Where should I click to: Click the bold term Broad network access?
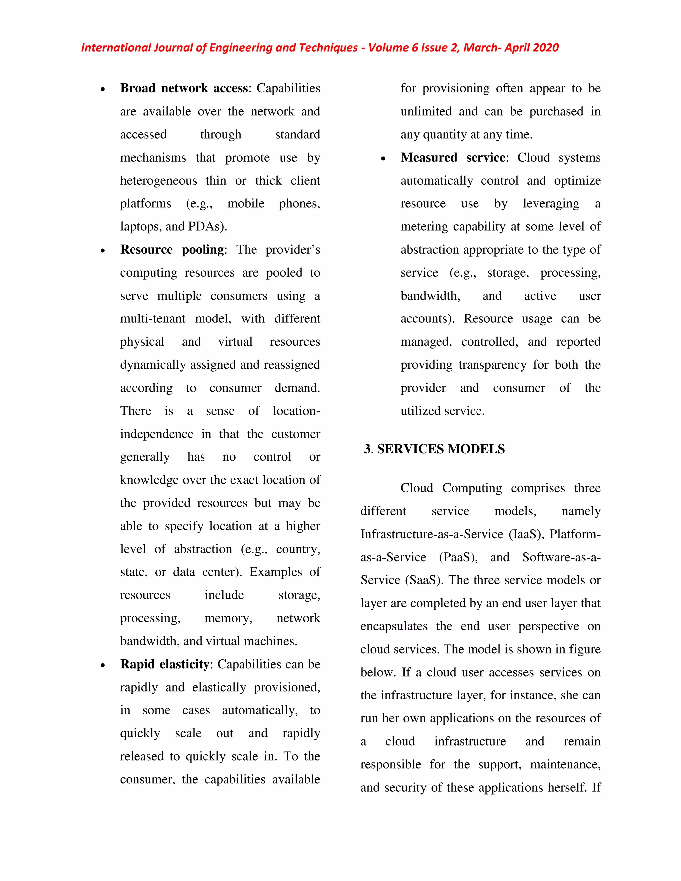(x=184, y=88)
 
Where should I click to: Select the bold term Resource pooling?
(x=172, y=250)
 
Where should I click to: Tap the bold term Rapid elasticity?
(x=165, y=664)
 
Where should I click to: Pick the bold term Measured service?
(x=453, y=157)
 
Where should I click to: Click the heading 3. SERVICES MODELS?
(x=434, y=449)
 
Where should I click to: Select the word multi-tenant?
(x=153, y=319)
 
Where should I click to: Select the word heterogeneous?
(x=159, y=180)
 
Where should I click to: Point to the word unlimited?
(x=426, y=111)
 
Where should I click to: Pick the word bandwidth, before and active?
(x=430, y=296)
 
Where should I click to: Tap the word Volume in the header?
(x=388, y=48)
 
